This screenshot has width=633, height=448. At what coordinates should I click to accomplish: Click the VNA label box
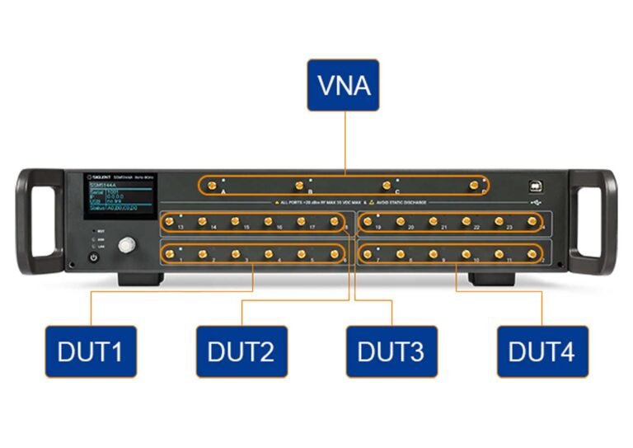point(343,85)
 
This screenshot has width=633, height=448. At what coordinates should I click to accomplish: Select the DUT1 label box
point(90,351)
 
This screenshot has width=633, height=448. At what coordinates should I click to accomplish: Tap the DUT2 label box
point(241,351)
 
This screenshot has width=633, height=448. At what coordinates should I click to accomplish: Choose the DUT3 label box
point(391,351)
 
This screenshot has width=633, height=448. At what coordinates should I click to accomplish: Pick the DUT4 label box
point(542,351)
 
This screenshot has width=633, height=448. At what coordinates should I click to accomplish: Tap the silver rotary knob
point(127,245)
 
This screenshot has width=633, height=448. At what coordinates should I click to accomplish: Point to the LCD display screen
point(120,196)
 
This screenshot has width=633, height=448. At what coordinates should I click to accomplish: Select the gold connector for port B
point(299,185)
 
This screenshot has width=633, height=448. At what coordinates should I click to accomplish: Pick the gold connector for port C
point(387,185)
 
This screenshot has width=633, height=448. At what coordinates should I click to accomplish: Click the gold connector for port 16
point(269,221)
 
